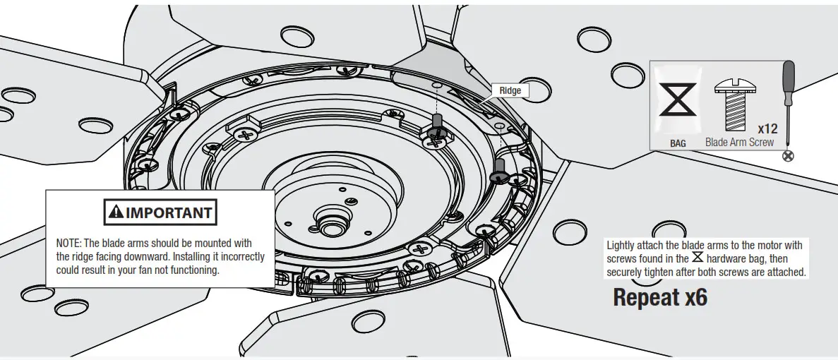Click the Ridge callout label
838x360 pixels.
510,90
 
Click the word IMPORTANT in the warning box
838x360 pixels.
169,212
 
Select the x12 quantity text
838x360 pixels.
767,129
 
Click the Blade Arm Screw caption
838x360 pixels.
739,143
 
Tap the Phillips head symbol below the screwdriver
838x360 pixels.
789,155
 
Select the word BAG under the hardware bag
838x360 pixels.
678,143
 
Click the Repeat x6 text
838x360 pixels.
660,297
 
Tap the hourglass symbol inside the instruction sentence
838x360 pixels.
697,258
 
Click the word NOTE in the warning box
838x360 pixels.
68,244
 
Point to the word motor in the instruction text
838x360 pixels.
764,246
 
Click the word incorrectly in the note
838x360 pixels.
233,257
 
